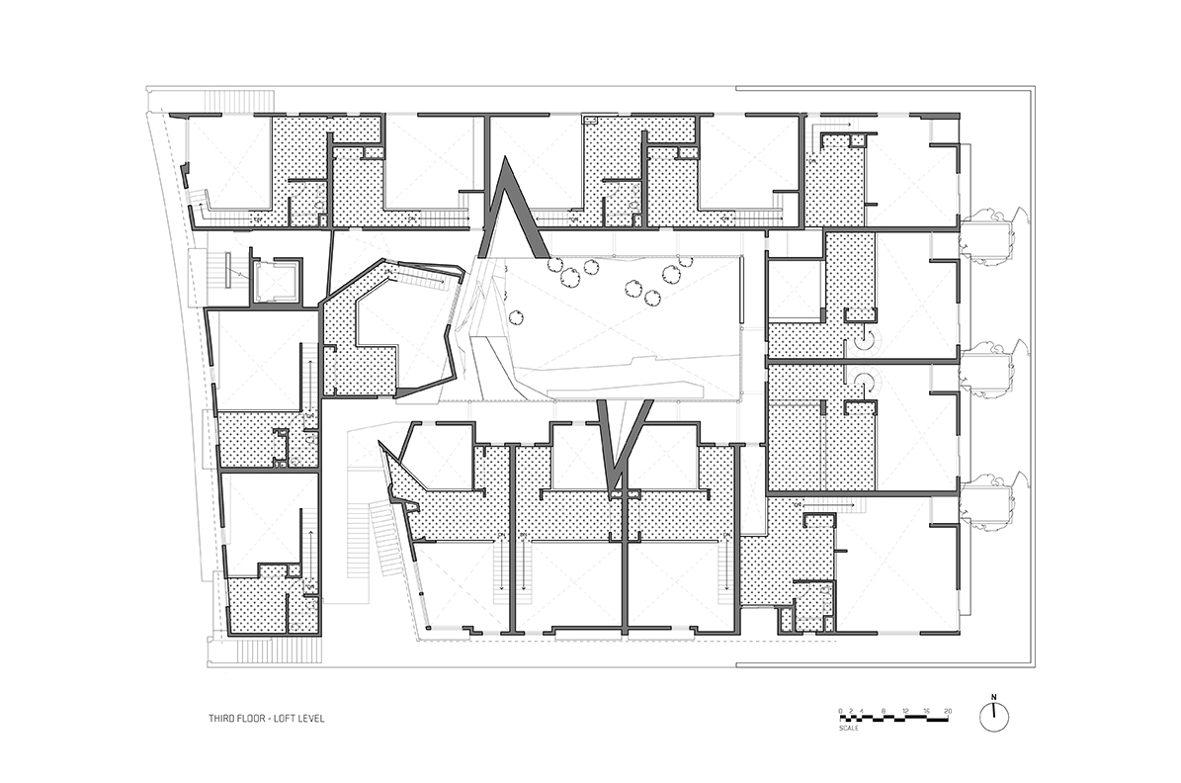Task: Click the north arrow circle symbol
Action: tap(994, 718)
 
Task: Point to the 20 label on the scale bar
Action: tap(949, 711)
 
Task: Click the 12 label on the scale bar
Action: tap(905, 711)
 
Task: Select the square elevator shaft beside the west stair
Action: tap(276, 283)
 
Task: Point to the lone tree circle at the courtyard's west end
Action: tap(516, 317)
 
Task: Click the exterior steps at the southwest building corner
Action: tap(236, 652)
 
